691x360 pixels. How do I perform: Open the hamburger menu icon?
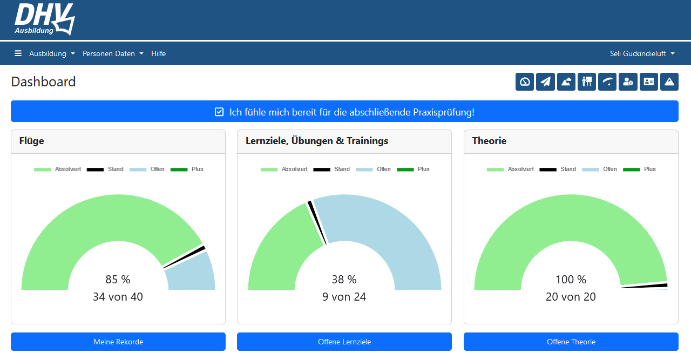point(18,53)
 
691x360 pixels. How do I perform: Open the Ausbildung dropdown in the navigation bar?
point(52,53)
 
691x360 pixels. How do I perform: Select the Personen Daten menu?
point(113,53)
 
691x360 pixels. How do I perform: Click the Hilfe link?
point(158,53)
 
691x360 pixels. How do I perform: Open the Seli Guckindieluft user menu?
point(642,53)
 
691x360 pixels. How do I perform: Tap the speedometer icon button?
point(524,82)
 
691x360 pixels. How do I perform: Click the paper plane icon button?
point(545,82)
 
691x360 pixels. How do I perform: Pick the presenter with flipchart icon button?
point(586,82)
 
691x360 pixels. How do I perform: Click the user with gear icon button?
point(628,82)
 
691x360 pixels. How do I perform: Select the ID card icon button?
point(648,82)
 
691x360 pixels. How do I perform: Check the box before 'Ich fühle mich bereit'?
point(219,112)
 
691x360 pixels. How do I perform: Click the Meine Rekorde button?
point(118,342)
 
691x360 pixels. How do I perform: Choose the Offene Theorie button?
point(571,342)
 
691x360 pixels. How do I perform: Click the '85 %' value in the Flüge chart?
point(118,280)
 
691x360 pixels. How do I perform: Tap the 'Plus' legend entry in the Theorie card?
point(640,169)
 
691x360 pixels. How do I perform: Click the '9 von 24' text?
point(344,297)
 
